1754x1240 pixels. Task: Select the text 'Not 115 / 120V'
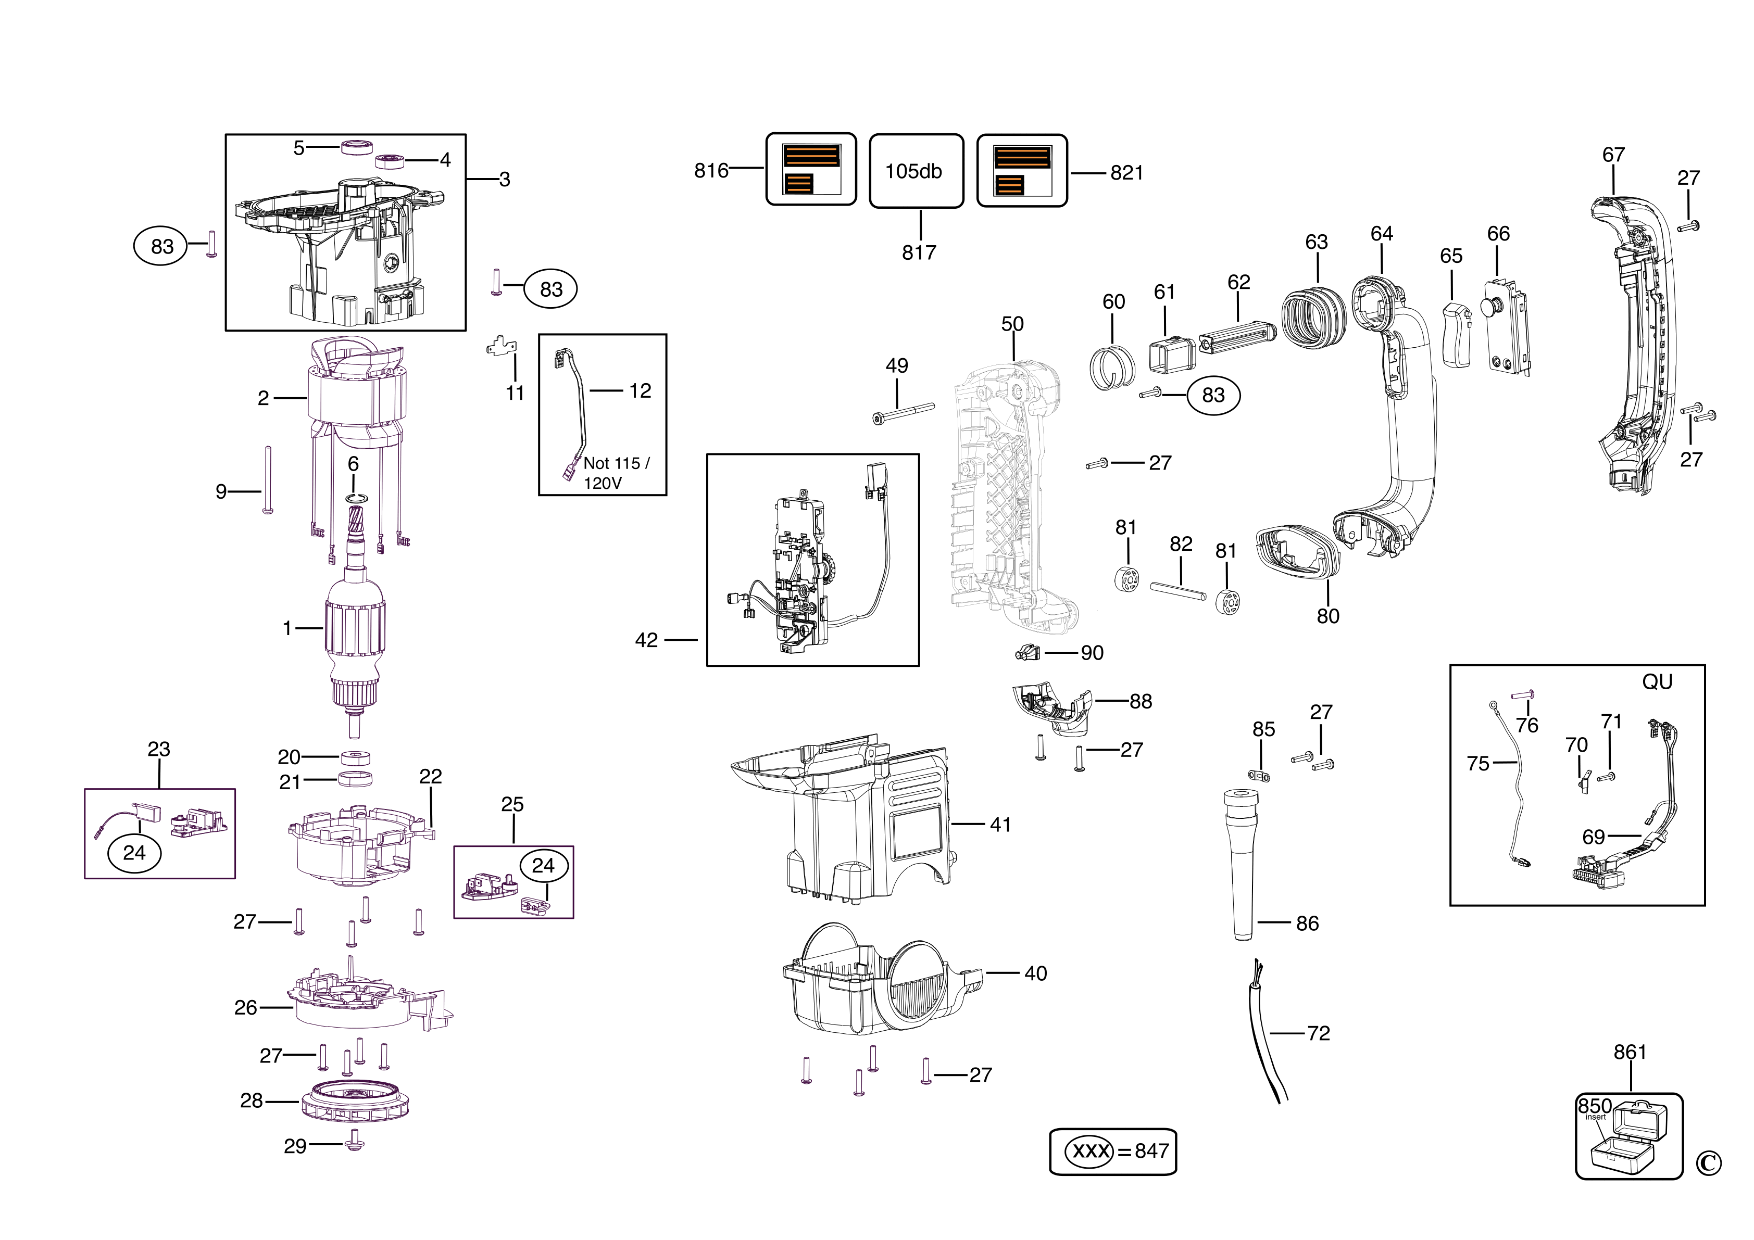[x=616, y=473]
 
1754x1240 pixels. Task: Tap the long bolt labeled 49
[x=903, y=413]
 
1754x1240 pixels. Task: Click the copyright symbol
[x=1708, y=1163]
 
